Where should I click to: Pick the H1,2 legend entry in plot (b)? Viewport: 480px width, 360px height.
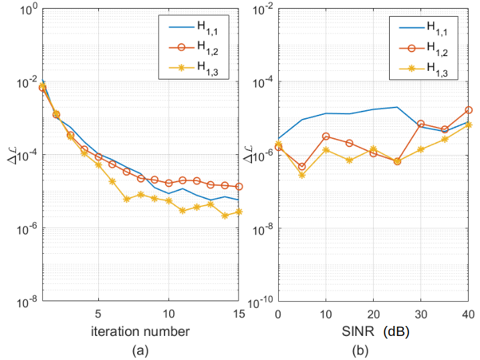437,47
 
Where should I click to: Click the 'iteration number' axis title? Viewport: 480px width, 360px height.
140,331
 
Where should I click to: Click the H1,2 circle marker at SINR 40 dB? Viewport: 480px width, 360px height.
469,110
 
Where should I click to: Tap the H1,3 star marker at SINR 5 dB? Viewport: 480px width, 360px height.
302,175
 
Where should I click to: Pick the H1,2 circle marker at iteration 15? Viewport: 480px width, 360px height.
239,186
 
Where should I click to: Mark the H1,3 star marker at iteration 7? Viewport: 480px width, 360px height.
126,199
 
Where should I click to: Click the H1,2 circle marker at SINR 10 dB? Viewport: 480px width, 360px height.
326,136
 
